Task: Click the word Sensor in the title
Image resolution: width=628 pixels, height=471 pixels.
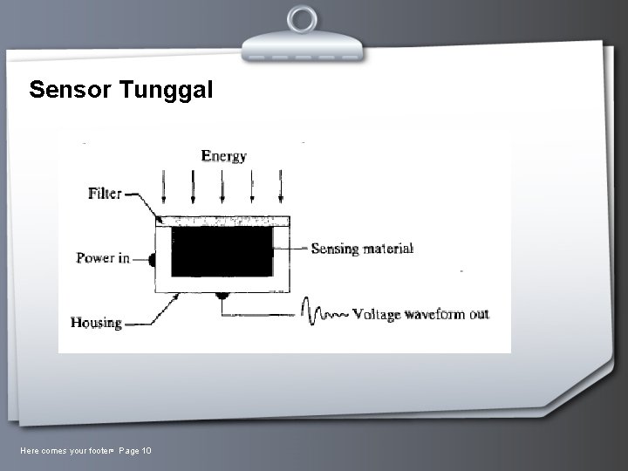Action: [x=69, y=89]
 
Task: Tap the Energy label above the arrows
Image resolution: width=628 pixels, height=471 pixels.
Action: [x=224, y=156]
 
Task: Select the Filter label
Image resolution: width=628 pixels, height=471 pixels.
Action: [x=105, y=194]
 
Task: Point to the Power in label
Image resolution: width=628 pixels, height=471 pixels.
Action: [x=103, y=258]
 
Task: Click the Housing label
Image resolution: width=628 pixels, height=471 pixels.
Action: [x=96, y=323]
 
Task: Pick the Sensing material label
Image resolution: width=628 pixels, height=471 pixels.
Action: [x=362, y=249]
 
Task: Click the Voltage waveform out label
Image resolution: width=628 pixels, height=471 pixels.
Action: [x=420, y=314]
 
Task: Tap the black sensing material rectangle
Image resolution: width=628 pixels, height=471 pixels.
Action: [x=222, y=251]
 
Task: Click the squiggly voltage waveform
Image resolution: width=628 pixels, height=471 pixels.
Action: [x=324, y=312]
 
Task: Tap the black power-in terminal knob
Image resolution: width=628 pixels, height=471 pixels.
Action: [x=152, y=259]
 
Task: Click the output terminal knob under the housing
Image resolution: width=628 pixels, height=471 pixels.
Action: [x=222, y=297]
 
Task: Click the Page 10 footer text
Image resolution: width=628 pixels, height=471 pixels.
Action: [x=135, y=450]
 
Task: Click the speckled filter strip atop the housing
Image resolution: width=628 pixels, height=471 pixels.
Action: [x=222, y=221]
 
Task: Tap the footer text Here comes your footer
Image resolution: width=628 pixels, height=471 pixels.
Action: [x=66, y=450]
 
